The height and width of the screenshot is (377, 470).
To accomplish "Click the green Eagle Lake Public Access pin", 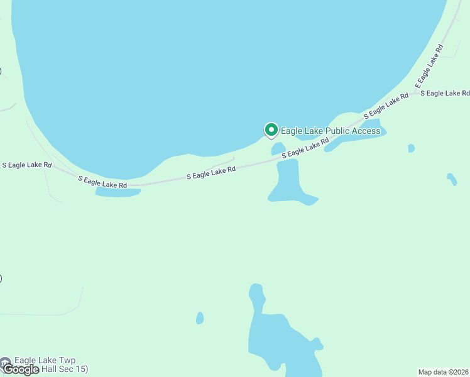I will pos(271,129).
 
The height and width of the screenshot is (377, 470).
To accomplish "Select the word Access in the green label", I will pos(366,131).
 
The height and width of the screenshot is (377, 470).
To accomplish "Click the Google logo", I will pos(20,369).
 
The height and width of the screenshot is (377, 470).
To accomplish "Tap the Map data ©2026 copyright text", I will pos(444,372).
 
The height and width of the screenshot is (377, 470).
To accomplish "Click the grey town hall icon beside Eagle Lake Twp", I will pos(5,363).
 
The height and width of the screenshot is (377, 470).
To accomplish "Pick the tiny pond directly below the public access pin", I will pos(278,149).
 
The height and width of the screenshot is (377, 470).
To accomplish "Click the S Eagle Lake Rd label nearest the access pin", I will pos(305,150).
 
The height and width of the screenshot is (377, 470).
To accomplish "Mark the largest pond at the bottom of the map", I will pos(280,339).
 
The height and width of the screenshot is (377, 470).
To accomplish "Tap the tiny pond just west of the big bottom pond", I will pos(200,318).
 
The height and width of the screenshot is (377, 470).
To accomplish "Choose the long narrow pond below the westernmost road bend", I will pos(117,192).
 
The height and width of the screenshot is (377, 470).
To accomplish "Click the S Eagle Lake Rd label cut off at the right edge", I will pos(445,93).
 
